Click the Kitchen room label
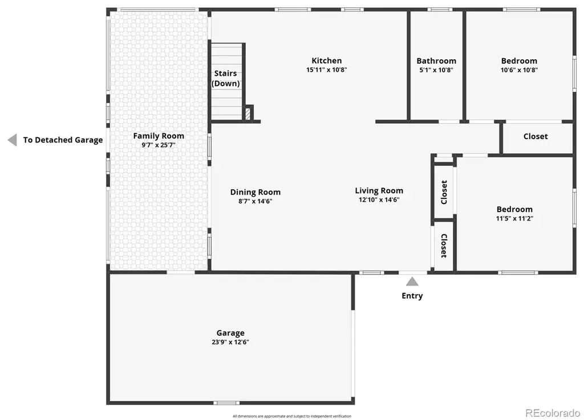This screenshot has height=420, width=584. tap(327, 60)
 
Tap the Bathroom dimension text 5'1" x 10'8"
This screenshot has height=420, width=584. tap(436, 70)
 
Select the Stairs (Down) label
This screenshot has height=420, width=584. tap(226, 78)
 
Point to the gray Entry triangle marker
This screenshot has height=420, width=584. tap(412, 282)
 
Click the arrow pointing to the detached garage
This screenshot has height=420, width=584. tap(13, 140)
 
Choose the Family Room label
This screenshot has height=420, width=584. tap(159, 136)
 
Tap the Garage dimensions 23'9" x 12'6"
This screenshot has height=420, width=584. tap(230, 342)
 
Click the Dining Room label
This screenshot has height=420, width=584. tap(255, 192)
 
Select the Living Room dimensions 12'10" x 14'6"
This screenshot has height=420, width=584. tap(379, 200)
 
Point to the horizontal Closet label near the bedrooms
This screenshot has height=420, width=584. tap(536, 136)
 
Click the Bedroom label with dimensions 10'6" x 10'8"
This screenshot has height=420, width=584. tap(519, 60)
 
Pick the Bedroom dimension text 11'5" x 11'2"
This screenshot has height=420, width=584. tap(514, 218)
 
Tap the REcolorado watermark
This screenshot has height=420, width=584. tap(553, 413)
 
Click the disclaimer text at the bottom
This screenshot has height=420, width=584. tap(292, 416)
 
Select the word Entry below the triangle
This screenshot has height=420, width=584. tap(412, 296)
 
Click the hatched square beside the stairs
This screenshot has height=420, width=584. tap(248, 113)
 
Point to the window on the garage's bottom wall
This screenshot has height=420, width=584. tap(226, 403)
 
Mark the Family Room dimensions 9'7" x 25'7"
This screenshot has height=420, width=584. tap(159, 145)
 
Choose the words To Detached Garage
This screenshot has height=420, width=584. tap(63, 140)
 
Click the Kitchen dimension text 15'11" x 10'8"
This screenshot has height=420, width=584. tap(327, 70)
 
